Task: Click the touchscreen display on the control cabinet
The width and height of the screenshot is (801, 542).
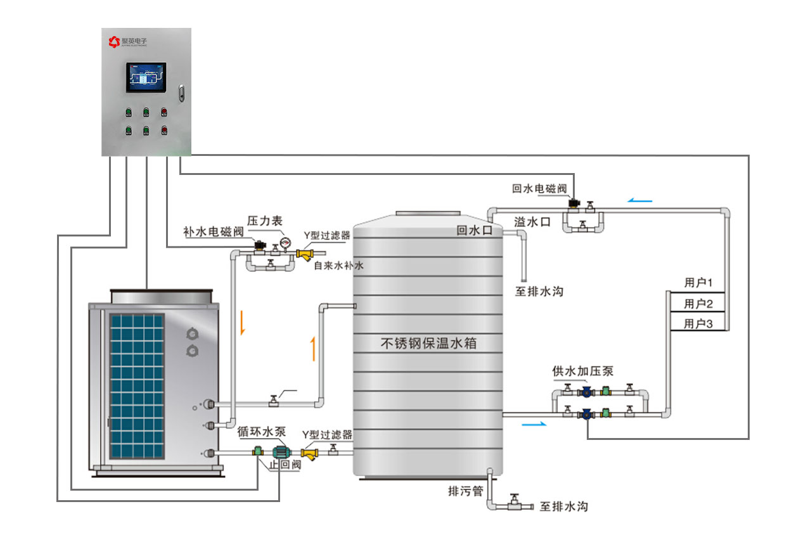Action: [146, 78]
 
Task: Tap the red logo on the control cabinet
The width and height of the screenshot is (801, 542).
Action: [114, 42]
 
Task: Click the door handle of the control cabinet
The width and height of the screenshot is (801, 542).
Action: [181, 93]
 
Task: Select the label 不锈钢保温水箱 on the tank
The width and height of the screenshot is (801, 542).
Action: [428, 344]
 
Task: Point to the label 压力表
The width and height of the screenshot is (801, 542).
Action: [264, 221]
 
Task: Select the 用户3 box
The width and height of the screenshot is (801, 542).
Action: [698, 324]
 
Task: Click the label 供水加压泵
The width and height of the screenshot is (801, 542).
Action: [582, 371]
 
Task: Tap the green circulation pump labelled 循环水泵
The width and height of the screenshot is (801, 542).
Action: [280, 452]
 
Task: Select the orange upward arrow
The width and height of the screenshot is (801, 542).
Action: [312, 349]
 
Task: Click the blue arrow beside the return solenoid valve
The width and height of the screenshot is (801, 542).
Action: [640, 201]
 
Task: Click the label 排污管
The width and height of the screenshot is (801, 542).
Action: [466, 491]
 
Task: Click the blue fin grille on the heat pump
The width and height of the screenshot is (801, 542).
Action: [136, 385]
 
